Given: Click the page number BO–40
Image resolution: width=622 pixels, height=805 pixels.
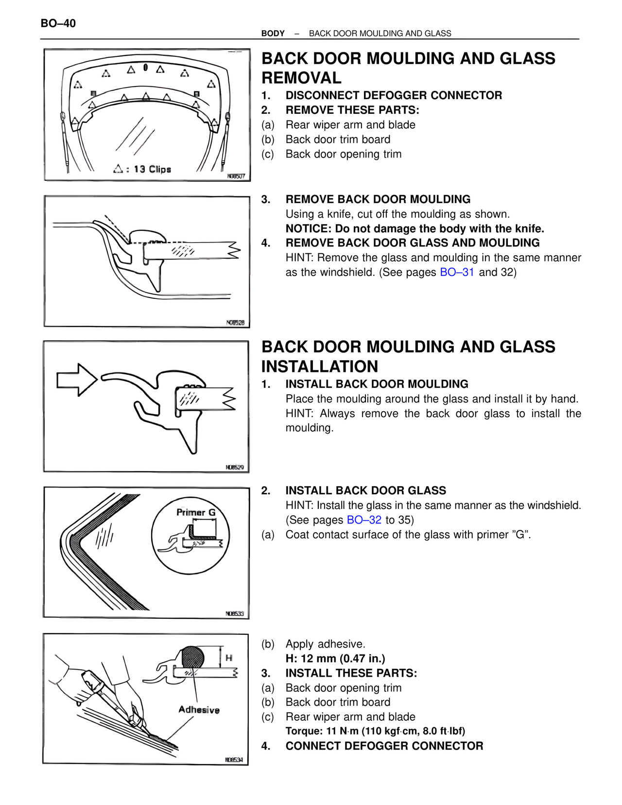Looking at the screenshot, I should [58, 23].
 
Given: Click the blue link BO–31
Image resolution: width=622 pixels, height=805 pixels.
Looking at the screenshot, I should [456, 272].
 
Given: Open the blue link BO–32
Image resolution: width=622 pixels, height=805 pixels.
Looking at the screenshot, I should [364, 520].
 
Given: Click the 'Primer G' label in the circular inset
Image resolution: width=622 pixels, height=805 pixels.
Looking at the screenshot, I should [196, 512].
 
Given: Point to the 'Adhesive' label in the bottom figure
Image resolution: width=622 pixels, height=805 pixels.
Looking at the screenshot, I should [199, 710].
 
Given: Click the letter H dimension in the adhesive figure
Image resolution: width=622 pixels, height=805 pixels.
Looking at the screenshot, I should [229, 658].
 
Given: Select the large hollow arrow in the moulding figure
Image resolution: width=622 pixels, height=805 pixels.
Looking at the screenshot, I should [77, 380].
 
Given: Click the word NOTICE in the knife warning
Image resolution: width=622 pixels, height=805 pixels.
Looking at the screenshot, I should [307, 229].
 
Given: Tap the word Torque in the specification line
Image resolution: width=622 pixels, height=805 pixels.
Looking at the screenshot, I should [304, 731].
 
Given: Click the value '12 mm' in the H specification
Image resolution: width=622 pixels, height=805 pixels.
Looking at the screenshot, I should [318, 659].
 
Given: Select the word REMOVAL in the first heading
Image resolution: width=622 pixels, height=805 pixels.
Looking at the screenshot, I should [301, 78].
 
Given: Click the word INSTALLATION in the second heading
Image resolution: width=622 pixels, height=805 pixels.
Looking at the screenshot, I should [319, 367].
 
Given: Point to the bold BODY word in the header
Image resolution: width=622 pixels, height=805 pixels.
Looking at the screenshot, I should [273, 34].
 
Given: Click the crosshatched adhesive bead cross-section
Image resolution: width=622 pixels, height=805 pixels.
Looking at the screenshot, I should [192, 657].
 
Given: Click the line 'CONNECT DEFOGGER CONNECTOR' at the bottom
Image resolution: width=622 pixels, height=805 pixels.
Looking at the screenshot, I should [384, 746].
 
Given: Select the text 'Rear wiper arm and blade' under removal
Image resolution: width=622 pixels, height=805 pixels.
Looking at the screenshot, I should [350, 125].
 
